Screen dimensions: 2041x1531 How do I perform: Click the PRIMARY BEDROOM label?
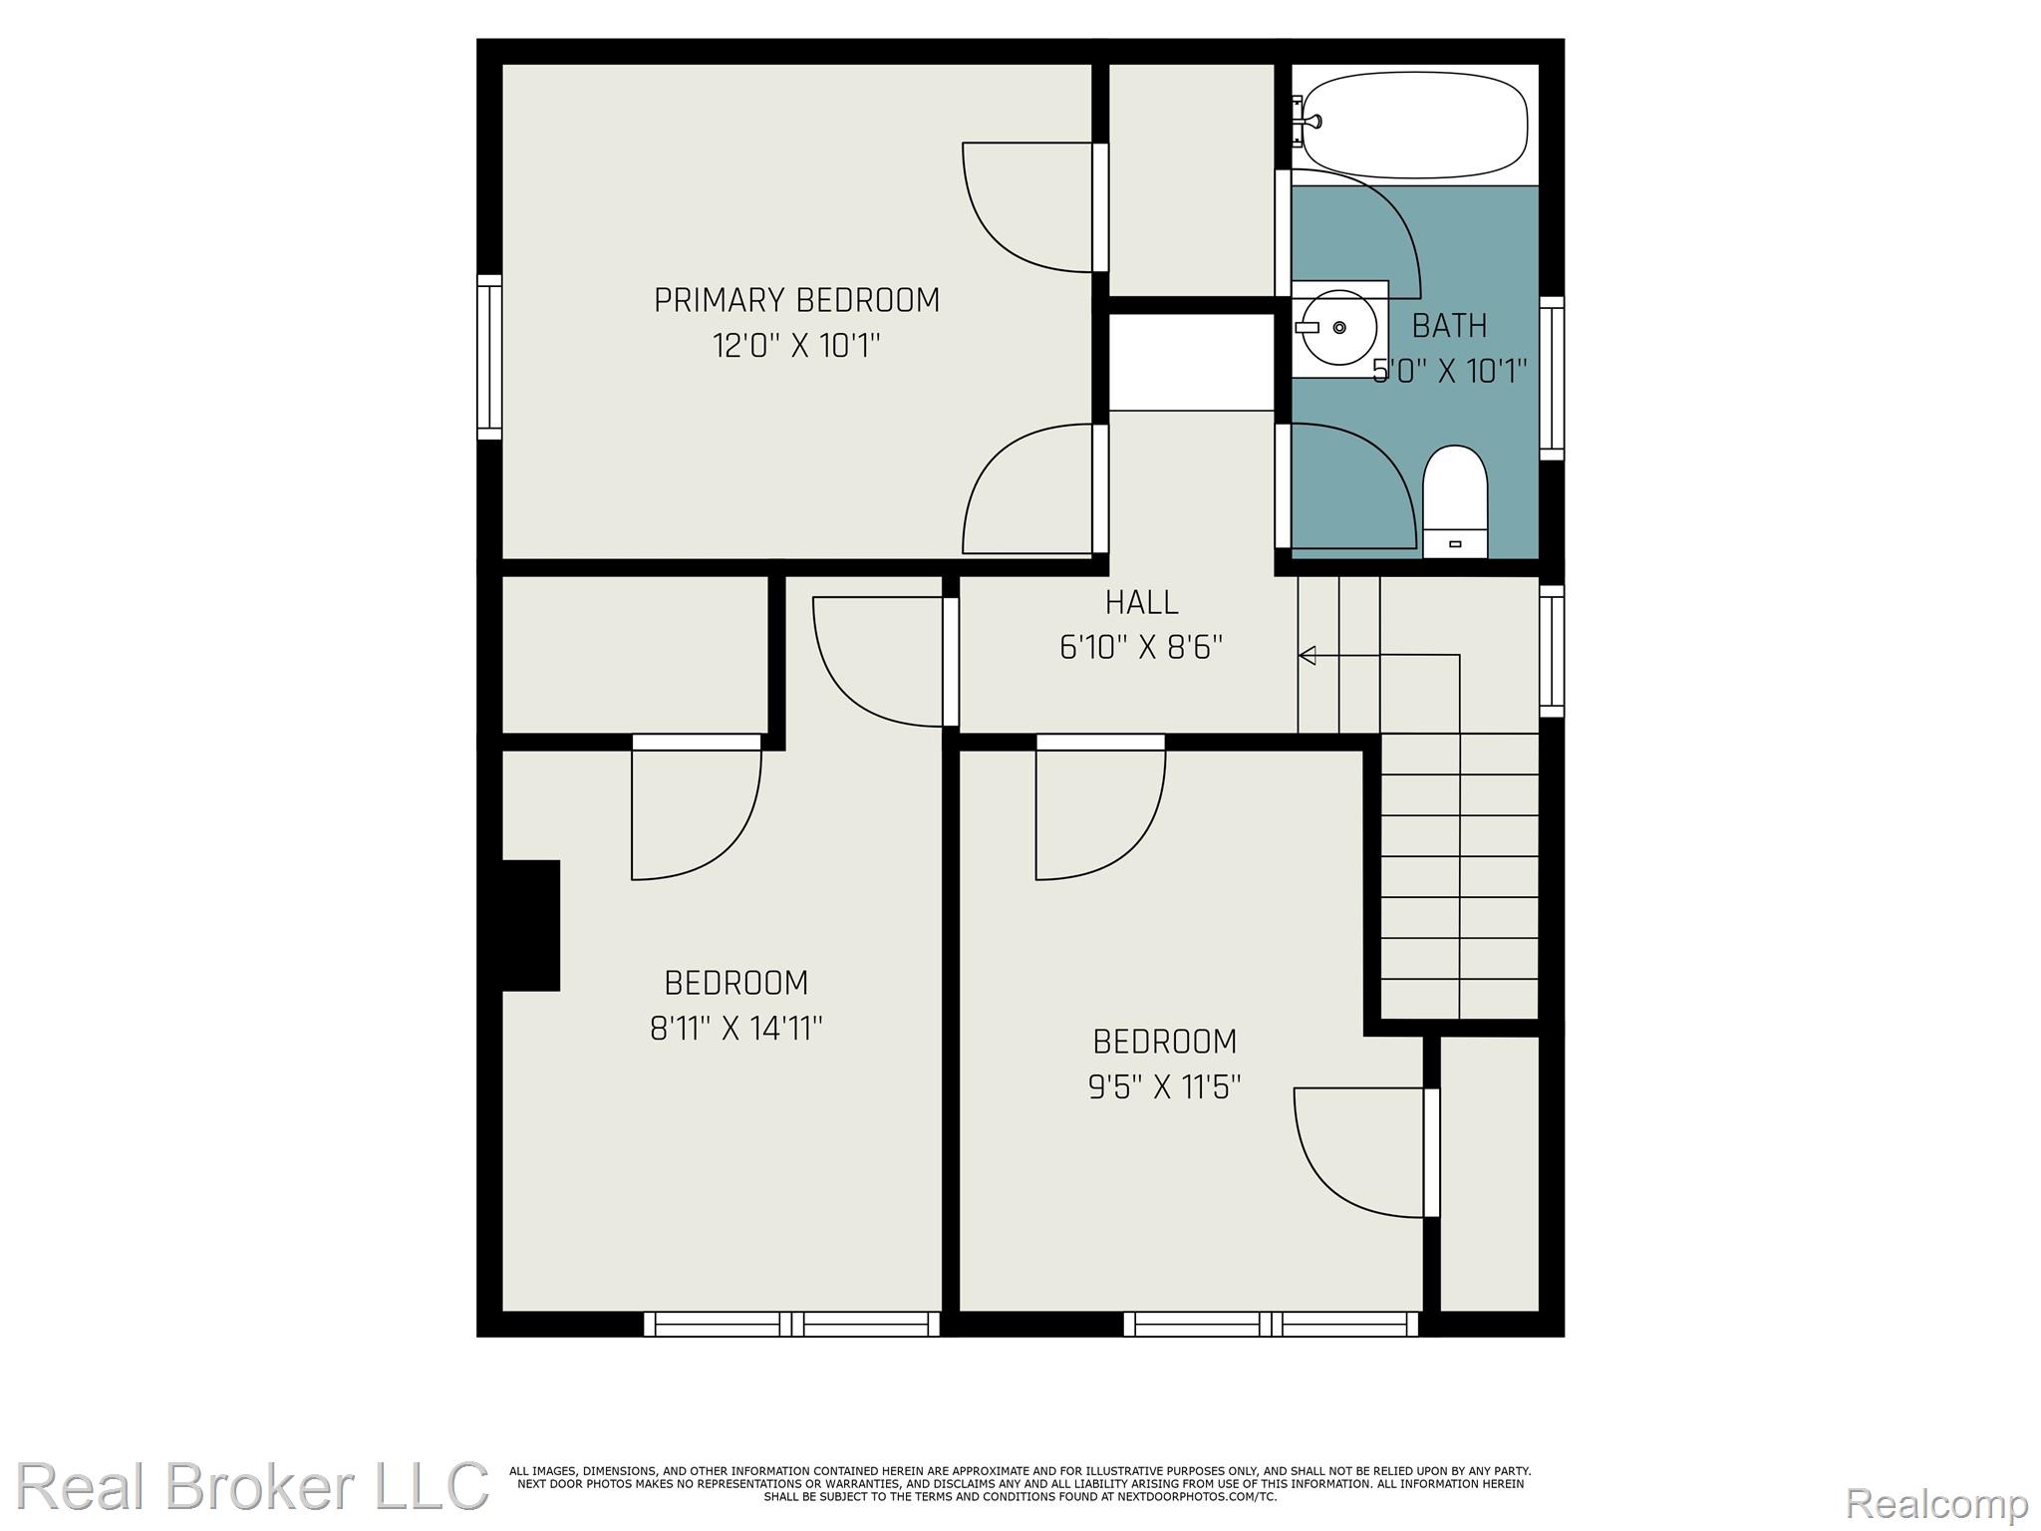796,300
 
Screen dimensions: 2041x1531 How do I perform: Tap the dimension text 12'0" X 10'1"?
796,346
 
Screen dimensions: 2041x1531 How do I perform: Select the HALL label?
1141,602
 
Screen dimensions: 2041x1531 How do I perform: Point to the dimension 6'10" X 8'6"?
1141,648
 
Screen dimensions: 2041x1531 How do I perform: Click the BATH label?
1450,326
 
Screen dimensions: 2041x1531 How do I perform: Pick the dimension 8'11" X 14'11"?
736,1028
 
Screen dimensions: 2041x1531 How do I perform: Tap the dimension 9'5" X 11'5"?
1164,1086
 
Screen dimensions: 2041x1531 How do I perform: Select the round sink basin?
1339,327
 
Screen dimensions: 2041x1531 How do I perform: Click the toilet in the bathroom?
1455,502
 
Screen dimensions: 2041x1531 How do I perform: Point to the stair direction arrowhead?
1308,655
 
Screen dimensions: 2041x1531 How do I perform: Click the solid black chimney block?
530,925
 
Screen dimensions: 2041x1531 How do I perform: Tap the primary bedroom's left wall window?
488,357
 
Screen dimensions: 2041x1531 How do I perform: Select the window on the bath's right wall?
1552,378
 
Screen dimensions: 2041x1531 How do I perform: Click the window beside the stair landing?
1552,651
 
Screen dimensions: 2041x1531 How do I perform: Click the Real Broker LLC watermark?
252,1485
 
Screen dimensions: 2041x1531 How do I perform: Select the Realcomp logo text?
1936,1502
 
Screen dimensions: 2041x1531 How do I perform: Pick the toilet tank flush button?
1455,544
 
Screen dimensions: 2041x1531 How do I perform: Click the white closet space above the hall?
1192,362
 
